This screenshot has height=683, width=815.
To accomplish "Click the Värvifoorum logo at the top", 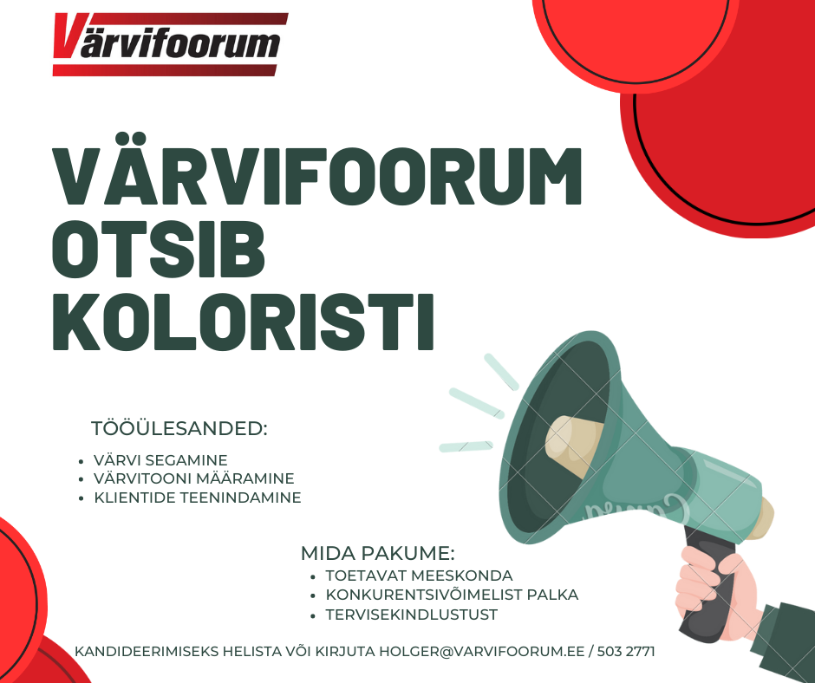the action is coord(170,44).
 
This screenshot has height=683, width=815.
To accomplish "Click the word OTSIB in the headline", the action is coord(159,250).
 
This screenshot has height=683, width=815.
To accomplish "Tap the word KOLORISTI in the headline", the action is coord(243,322).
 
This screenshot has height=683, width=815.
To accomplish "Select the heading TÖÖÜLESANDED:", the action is coord(179,428).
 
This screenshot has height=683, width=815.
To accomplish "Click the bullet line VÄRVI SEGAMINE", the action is coord(160,460).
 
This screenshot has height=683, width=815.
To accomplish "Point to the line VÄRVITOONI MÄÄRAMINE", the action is coord(194,478).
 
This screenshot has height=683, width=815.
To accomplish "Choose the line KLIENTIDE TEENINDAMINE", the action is coord(198,498).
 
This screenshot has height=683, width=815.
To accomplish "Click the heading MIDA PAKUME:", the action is coord(378,553).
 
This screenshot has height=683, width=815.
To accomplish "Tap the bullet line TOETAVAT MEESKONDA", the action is coord(419,576).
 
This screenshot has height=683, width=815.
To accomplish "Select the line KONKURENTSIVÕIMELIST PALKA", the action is coord(452,594).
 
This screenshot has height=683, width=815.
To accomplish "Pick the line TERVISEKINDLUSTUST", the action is coord(411,615).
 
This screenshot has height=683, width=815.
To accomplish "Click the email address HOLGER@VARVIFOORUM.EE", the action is coord(482,651).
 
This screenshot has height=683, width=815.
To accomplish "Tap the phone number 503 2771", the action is coord(626,651).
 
